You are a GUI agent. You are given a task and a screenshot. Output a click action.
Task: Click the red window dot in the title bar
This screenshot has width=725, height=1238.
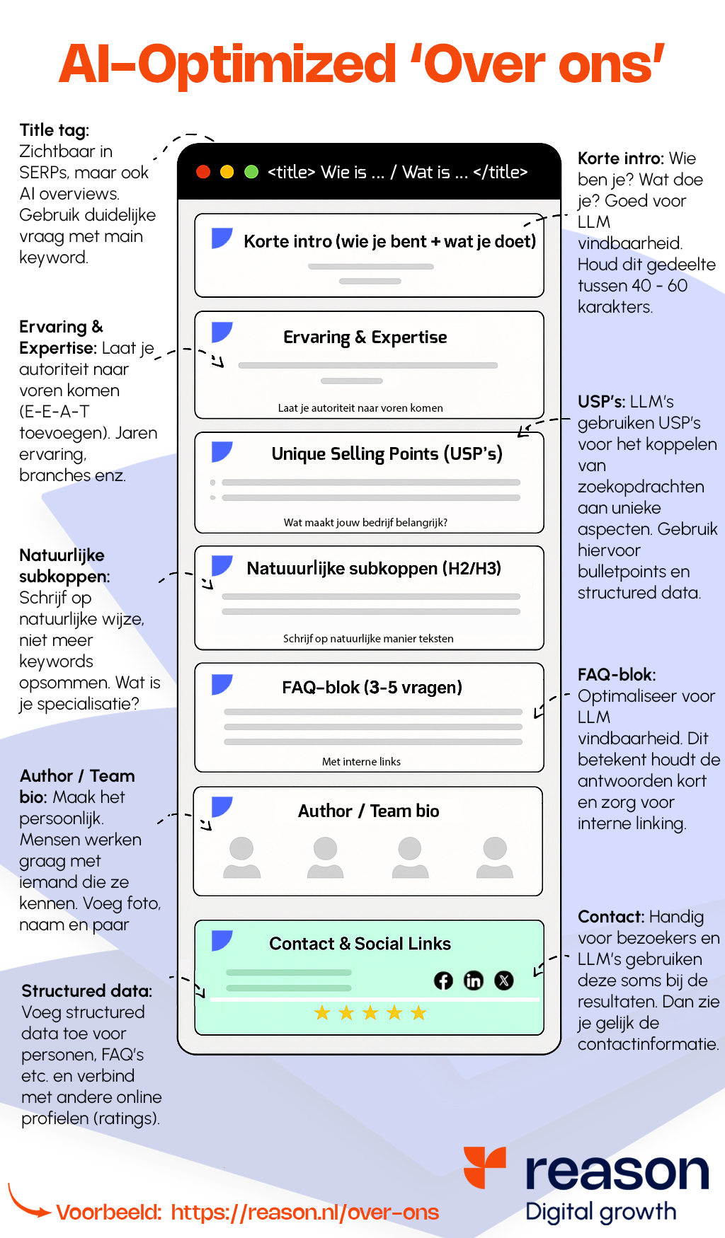pos(203,172)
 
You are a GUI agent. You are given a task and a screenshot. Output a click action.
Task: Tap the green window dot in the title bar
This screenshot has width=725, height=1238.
pos(251,172)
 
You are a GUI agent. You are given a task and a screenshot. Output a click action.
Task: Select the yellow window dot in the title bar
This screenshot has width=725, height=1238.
pos(227,172)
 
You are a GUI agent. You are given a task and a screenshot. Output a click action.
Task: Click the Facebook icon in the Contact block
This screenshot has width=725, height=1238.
pos(443,980)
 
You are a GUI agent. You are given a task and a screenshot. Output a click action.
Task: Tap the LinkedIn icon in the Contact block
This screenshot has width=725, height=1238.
pos(474,980)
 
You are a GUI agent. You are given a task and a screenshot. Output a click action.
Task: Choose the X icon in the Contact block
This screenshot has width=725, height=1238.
pos(504,980)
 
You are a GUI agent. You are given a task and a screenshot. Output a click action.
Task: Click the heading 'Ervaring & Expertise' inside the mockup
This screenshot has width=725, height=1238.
pos(365,337)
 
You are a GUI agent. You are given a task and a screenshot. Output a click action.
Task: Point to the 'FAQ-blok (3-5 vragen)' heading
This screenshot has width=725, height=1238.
pos(372,688)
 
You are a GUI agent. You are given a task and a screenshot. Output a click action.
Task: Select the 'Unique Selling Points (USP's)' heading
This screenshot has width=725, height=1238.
pos(387,453)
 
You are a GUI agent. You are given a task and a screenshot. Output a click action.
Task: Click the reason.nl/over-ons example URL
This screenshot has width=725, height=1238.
pos(305,1213)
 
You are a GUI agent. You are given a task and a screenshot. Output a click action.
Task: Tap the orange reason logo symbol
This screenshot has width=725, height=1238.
pos(485,1167)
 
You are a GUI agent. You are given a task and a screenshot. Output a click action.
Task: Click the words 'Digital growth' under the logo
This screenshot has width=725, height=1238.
pos(601,1212)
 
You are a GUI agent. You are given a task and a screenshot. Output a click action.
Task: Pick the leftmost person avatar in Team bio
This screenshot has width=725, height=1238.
pos(242,857)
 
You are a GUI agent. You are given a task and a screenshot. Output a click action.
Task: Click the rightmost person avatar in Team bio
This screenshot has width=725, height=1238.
pos(495,857)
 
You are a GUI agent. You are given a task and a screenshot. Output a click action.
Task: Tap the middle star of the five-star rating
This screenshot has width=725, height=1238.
pos(370,1013)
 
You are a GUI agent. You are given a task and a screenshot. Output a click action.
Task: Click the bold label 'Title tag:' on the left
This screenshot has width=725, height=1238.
pos(55,130)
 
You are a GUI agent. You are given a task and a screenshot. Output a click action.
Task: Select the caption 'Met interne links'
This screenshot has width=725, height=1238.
pos(361,762)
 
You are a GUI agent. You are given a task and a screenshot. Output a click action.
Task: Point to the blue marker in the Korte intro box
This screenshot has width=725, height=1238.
pos(222,238)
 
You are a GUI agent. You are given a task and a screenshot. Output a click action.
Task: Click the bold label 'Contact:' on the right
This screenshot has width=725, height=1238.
pos(611,917)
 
